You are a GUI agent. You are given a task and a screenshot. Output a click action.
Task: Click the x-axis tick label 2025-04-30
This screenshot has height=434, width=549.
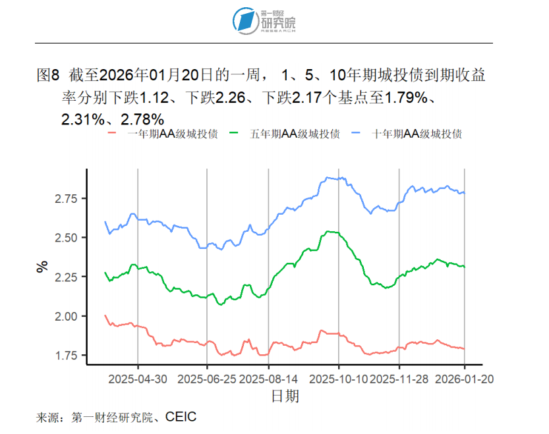[x=138, y=379]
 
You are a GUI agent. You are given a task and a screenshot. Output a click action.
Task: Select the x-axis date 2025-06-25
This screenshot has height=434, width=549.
[x=207, y=379]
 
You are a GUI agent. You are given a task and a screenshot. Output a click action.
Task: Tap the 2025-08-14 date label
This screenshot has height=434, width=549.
[x=268, y=379]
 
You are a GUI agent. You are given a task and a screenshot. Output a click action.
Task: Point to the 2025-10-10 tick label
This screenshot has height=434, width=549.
[x=339, y=379]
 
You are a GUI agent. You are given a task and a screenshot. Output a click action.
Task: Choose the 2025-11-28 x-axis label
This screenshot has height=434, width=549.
[x=399, y=379]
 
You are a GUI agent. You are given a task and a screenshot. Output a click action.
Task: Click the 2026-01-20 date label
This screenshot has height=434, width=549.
[x=465, y=379]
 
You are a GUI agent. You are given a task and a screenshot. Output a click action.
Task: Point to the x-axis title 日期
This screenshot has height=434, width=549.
[x=285, y=396]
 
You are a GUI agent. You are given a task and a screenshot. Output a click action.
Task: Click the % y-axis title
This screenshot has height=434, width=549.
[x=42, y=267]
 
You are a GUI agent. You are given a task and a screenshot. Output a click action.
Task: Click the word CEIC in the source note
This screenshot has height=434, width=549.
[x=181, y=418]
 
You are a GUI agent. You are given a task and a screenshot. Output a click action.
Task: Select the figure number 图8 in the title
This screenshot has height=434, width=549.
[x=47, y=75]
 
